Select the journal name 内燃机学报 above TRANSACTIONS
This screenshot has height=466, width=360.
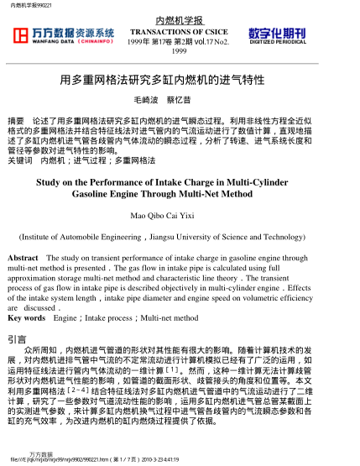tap(180, 18)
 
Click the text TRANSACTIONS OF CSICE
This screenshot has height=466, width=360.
tap(180, 30)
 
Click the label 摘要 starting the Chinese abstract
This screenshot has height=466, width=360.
tap(15, 123)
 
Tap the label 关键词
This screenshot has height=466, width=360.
tap(18, 159)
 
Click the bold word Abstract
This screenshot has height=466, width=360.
tap(23, 258)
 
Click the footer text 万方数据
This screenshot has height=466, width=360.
tap(40, 453)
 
